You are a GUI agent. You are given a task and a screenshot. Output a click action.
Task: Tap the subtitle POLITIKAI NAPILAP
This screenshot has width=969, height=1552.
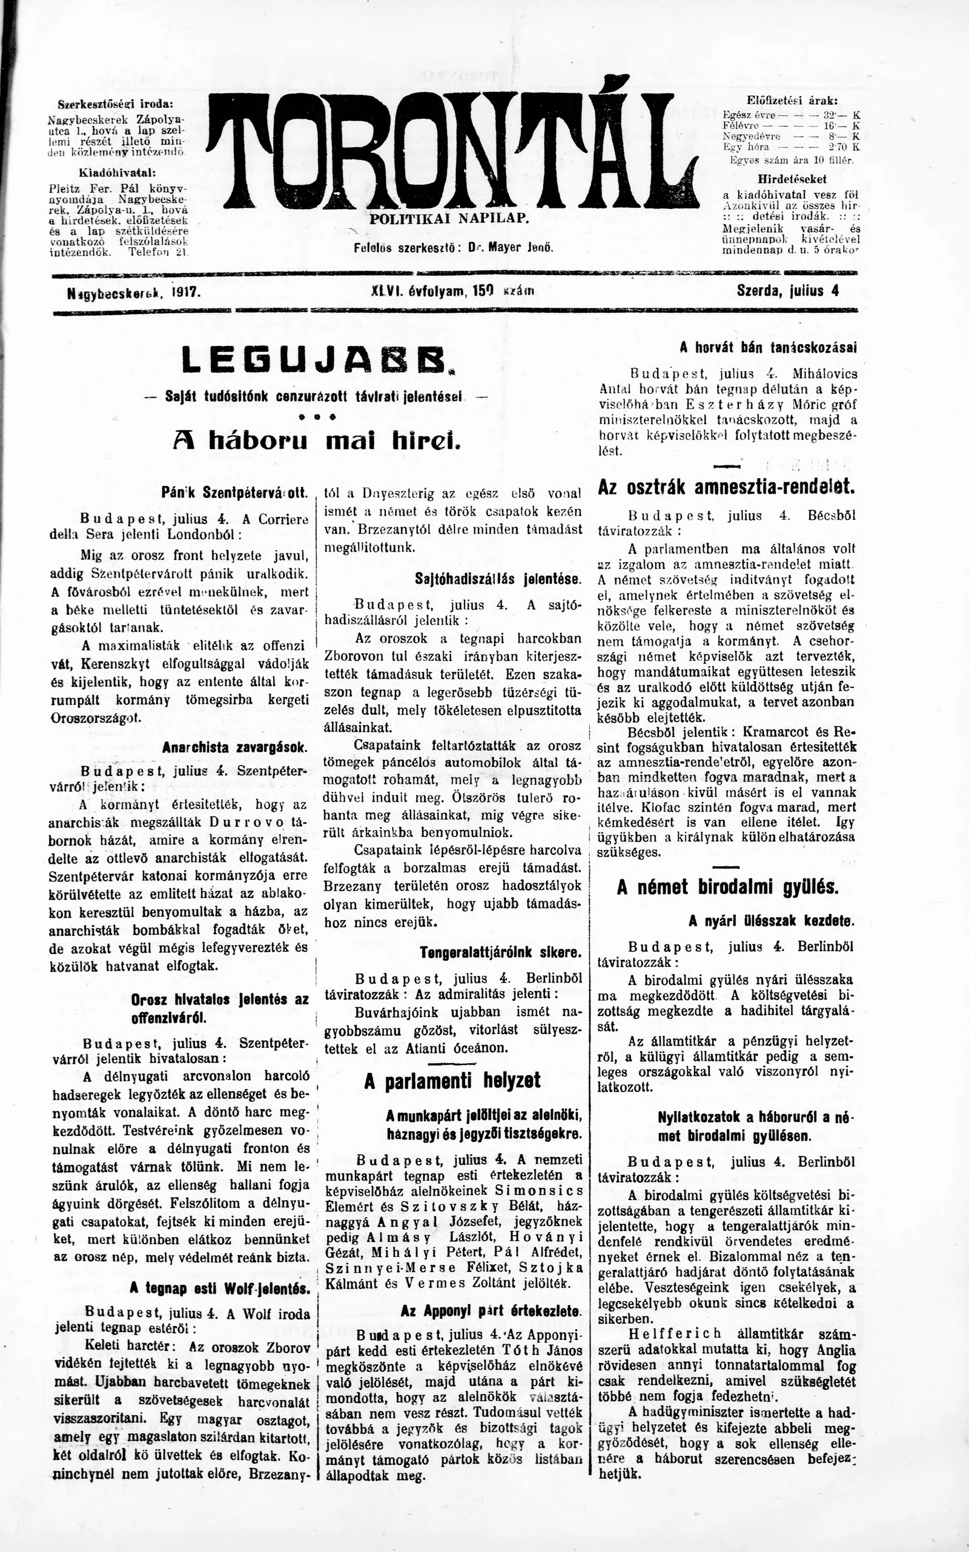point(449,219)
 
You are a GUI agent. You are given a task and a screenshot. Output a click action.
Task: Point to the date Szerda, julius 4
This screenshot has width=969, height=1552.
point(788,290)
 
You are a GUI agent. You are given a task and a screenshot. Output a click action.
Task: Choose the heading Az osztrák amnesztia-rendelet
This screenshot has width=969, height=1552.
point(726,486)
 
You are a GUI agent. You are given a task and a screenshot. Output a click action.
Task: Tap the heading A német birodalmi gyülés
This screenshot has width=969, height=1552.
point(727,888)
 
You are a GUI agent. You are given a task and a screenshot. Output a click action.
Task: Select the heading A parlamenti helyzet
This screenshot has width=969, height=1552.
point(452,1080)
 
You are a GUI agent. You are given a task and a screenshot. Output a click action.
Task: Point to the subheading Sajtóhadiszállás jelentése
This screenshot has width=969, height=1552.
point(498,579)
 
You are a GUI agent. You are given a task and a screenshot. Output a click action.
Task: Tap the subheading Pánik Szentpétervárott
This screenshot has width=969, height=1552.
point(235,494)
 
